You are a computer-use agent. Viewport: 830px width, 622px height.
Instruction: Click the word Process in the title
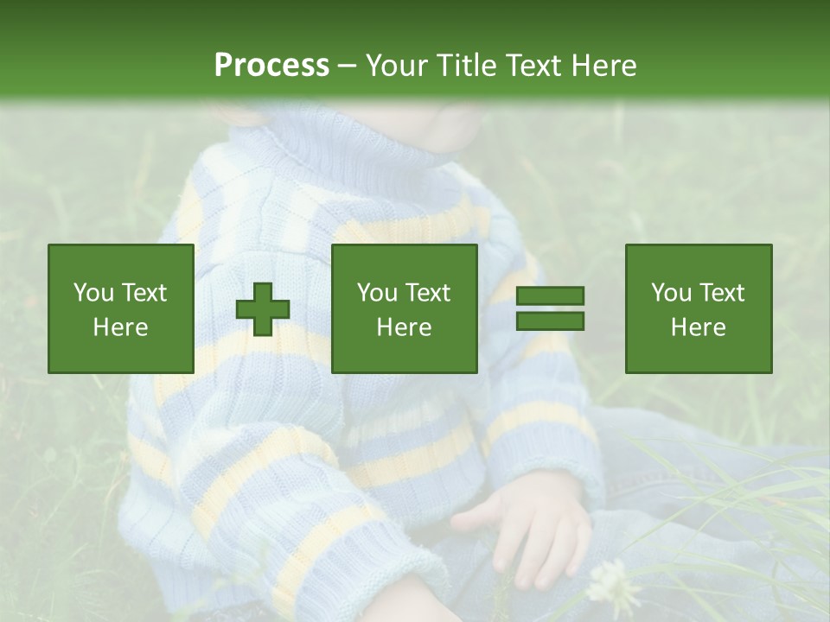[x=271, y=66]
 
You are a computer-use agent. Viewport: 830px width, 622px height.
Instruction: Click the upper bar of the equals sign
[x=550, y=296]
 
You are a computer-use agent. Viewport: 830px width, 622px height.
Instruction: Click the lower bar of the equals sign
[x=550, y=321]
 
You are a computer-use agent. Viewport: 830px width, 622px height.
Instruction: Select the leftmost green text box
[x=121, y=308]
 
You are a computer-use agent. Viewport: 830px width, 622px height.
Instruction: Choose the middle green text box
[x=404, y=308]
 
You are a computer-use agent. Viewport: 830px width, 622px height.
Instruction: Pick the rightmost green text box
[x=699, y=308]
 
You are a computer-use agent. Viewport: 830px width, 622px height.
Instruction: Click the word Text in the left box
[x=144, y=293]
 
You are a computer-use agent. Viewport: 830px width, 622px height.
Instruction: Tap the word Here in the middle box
[x=404, y=327]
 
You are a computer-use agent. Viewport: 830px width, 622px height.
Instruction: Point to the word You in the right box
[x=673, y=293]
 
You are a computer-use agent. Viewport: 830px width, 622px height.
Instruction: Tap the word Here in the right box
[x=699, y=327]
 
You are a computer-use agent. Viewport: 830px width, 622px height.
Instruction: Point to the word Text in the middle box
[x=427, y=293]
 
